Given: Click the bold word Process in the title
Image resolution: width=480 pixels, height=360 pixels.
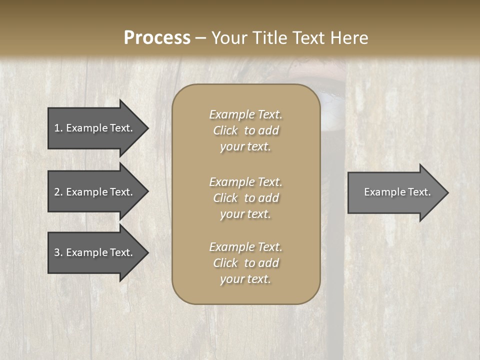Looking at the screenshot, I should (157, 38).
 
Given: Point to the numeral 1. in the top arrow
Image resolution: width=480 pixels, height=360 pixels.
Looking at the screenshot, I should (58, 128).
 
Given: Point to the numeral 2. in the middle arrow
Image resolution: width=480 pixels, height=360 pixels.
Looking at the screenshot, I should (58, 192).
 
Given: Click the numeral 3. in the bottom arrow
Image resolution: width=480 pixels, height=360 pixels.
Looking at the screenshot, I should (58, 252).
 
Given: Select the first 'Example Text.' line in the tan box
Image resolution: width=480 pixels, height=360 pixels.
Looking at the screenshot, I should (245, 114).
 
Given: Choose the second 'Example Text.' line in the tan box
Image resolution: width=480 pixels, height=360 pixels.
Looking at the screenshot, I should (245, 182).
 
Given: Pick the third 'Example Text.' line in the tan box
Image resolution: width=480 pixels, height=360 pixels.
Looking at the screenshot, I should (245, 247).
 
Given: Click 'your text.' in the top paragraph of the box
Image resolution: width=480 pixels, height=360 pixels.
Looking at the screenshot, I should (245, 147).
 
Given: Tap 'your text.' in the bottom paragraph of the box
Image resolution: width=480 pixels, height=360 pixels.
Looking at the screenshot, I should (245, 279).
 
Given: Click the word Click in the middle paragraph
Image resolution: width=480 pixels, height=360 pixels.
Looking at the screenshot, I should (225, 198).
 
